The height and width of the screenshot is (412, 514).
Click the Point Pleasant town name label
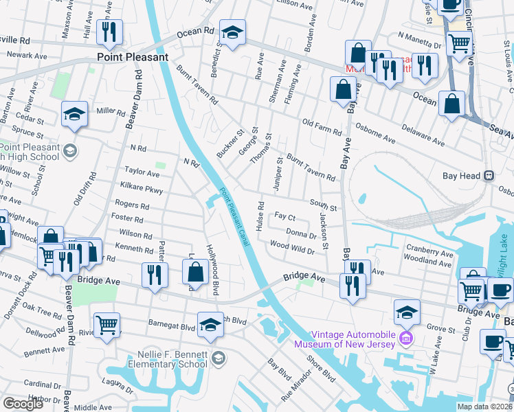tap(132, 58)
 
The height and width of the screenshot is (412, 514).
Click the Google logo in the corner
tap(23, 404)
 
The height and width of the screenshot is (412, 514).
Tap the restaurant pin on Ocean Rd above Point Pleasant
tap(109, 32)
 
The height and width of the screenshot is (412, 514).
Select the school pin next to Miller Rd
tap(74, 114)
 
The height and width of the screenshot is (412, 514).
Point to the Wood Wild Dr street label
tap(292, 247)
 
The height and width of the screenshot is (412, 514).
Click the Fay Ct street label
tap(284, 216)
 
